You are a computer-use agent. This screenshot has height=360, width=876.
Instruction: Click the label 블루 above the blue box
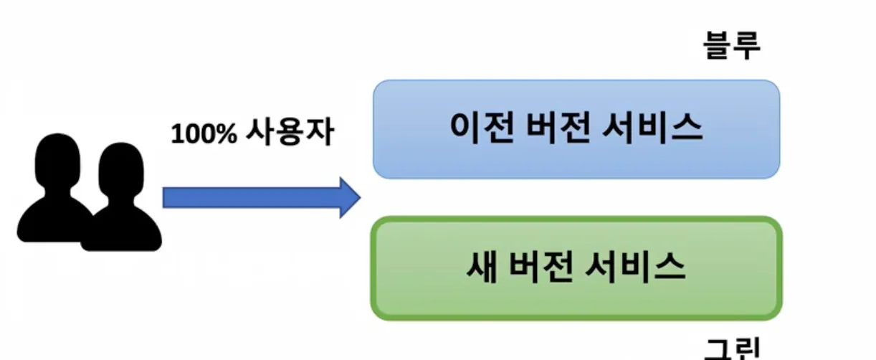(731, 46)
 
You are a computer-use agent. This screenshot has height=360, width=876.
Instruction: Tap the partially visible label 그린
(731, 350)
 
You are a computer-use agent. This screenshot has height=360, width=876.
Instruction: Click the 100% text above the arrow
(204, 134)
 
